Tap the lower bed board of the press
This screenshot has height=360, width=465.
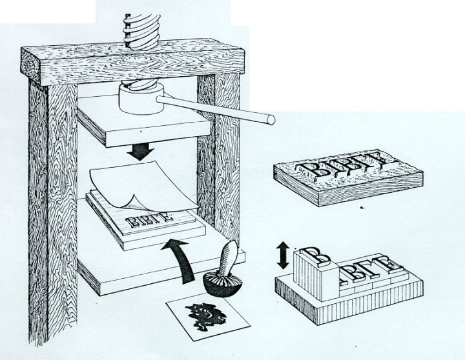point(129,271)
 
